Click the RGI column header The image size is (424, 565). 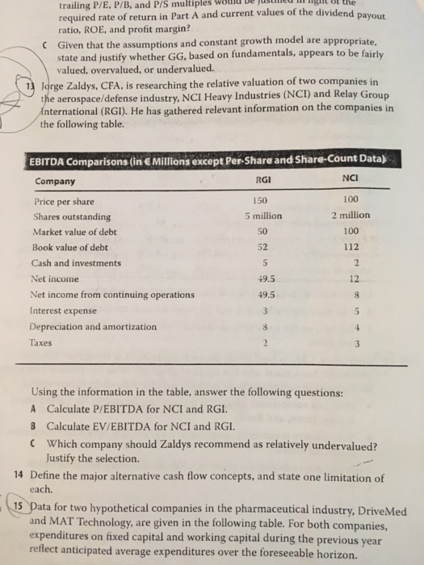click(259, 181)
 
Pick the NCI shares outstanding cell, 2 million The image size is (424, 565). click(350, 216)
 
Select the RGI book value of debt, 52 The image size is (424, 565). click(259, 248)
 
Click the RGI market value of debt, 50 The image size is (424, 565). click(259, 232)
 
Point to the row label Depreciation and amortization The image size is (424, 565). click(95, 327)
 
